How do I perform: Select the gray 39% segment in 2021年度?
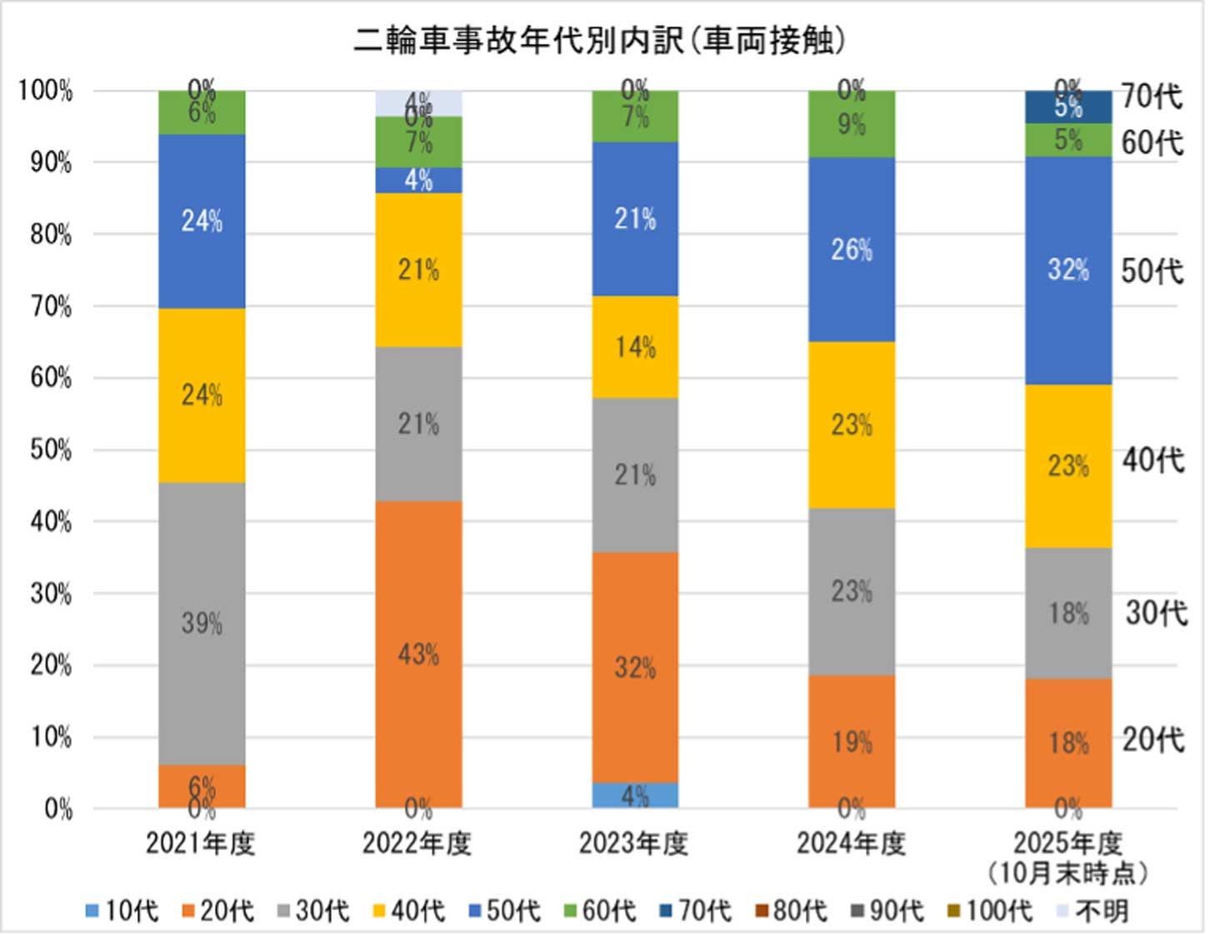[x=202, y=623]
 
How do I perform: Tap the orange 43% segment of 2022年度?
[x=418, y=654]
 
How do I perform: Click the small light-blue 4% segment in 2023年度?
[x=635, y=796]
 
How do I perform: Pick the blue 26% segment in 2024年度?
[x=852, y=249]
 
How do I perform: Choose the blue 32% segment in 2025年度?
[x=1068, y=270]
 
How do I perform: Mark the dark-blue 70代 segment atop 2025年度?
[x=1068, y=107]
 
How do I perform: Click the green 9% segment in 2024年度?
[x=852, y=124]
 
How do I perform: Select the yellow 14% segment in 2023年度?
[x=635, y=347]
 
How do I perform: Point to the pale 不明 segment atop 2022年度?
[x=418, y=102]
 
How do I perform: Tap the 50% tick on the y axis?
[x=51, y=450]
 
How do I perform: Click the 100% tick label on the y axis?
[x=46, y=91]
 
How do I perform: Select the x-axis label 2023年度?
[x=634, y=844]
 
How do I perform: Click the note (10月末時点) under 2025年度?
[x=1067, y=873]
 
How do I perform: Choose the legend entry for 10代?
[x=122, y=911]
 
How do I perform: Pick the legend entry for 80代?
[x=791, y=911]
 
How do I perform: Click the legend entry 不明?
[x=1092, y=911]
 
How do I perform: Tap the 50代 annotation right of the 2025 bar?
[x=1152, y=271]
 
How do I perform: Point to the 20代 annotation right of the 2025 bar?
[x=1152, y=739]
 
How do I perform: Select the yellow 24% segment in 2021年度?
[x=202, y=395]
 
